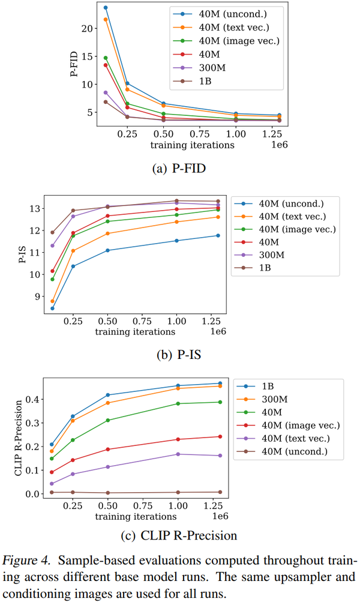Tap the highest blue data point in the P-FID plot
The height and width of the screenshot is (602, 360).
click(x=106, y=8)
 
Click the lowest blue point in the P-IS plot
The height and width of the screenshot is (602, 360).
click(x=52, y=309)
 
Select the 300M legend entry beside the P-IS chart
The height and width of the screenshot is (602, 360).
click(x=272, y=255)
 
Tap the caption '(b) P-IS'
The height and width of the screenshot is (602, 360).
click(x=179, y=355)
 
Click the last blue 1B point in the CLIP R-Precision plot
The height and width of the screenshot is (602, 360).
click(x=220, y=383)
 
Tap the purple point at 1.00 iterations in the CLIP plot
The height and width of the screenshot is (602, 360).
click(x=177, y=454)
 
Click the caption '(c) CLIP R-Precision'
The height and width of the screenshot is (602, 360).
click(x=179, y=535)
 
